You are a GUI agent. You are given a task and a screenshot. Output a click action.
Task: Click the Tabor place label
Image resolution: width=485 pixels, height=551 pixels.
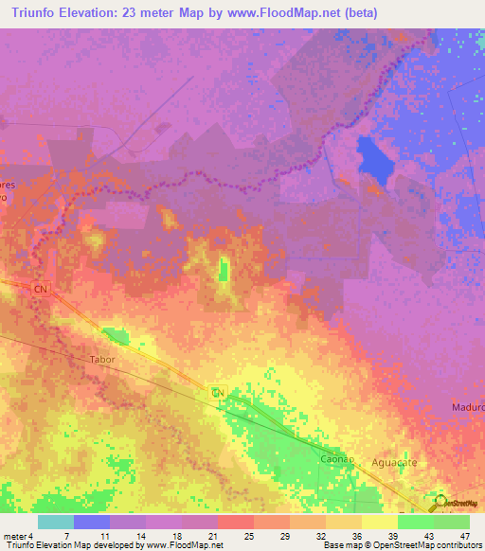click(101, 360)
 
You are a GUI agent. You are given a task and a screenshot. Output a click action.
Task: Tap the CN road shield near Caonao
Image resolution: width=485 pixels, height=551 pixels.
click(217, 392)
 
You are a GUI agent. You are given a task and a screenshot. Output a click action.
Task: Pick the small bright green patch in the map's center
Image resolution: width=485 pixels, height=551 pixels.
click(224, 270)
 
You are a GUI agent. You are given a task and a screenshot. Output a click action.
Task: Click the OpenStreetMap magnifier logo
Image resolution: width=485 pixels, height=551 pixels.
click(442, 501)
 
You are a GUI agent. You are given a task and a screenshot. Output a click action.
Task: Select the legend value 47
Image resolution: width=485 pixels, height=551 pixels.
click(464, 536)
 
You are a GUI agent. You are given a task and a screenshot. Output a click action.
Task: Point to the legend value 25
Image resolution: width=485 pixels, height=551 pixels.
click(248, 536)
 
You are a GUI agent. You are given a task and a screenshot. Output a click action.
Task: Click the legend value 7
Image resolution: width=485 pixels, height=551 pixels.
click(66, 536)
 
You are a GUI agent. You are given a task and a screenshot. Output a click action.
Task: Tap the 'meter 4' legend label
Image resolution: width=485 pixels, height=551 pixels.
click(17, 536)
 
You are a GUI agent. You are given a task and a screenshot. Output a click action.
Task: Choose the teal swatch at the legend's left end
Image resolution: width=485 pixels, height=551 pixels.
click(56, 522)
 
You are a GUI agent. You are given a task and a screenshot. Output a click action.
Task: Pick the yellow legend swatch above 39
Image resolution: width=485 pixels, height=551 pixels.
click(380, 522)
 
